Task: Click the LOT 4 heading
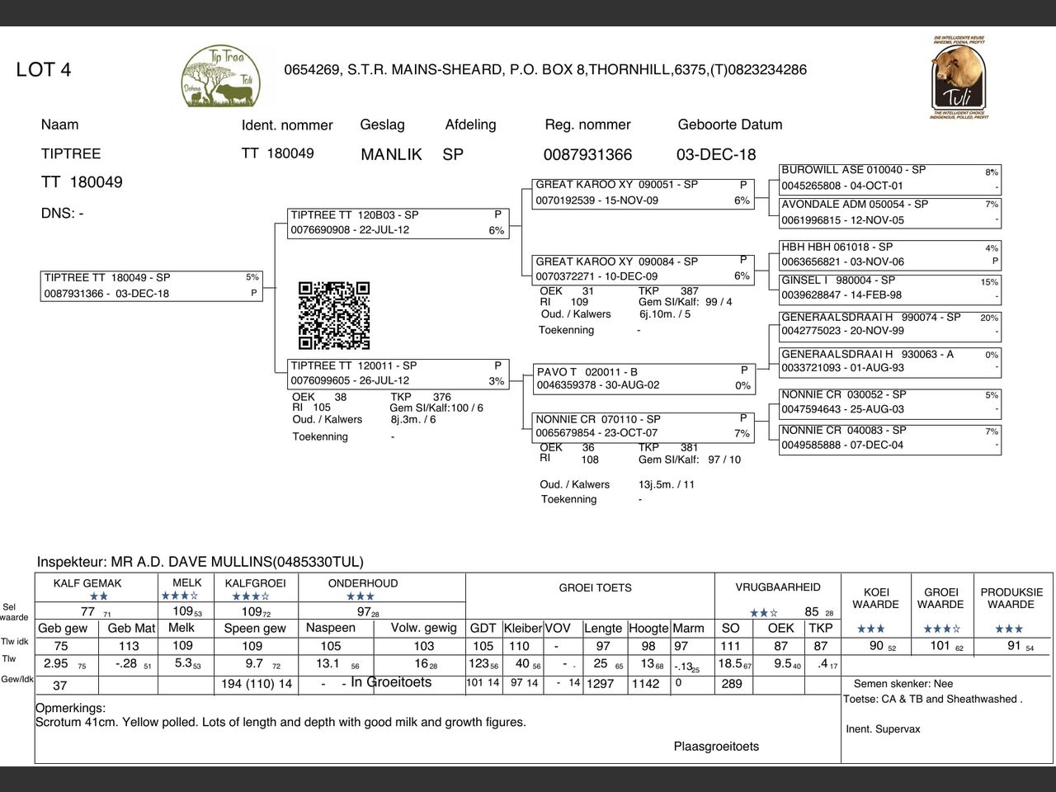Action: tap(44, 69)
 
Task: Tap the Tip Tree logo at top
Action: tap(220, 77)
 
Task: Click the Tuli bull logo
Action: tap(958, 76)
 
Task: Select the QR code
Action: tap(334, 315)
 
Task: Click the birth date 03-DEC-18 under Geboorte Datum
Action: tap(715, 154)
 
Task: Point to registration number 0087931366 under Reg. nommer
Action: tap(587, 154)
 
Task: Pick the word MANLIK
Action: tap(391, 154)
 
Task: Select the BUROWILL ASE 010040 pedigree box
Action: tap(889, 178)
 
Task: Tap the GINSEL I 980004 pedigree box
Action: tap(889, 288)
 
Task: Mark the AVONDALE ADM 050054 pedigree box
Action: tap(889, 213)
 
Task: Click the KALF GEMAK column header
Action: tap(87, 583)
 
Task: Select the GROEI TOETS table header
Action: tap(595, 588)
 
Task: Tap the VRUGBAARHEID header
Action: tap(778, 587)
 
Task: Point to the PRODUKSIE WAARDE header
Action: tap(1011, 598)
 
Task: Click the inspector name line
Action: tap(200, 562)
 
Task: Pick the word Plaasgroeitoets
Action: tap(716, 747)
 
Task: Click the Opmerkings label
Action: tap(70, 708)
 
